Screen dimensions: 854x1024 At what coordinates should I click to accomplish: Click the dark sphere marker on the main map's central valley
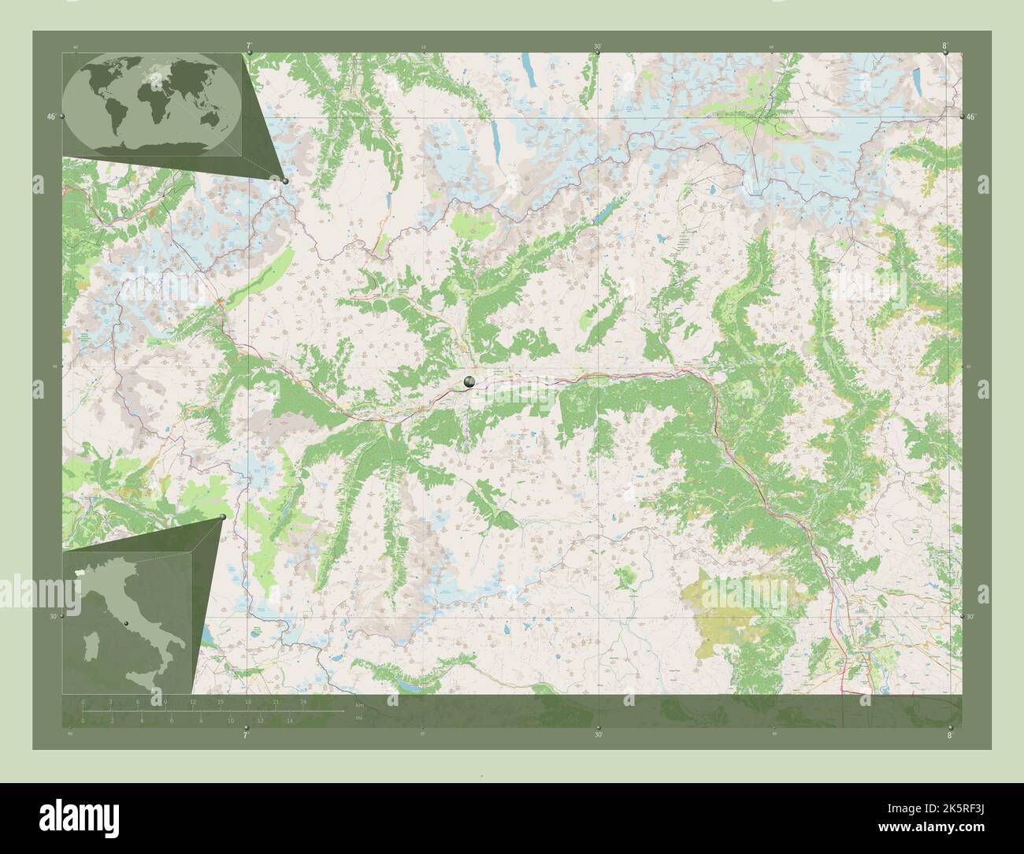click(x=469, y=382)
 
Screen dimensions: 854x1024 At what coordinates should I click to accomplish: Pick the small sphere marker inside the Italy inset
click(x=125, y=622)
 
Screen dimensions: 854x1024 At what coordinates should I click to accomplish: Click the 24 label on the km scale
click(x=303, y=701)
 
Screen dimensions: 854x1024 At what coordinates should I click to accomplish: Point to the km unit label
click(x=359, y=704)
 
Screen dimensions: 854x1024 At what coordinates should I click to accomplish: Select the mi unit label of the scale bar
click(x=358, y=718)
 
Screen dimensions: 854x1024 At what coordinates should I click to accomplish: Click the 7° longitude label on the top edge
click(x=249, y=46)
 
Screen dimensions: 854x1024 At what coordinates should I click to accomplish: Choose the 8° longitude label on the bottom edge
click(x=950, y=735)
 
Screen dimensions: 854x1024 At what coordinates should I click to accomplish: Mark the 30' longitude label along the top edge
click(x=598, y=46)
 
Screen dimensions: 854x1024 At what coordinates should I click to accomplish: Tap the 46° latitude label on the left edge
click(x=50, y=117)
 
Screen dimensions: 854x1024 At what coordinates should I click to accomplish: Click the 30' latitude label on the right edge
click(x=970, y=617)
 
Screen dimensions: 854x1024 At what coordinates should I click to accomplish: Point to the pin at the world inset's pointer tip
click(x=285, y=181)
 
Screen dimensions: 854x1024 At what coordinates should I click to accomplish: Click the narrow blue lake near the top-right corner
click(x=918, y=78)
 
